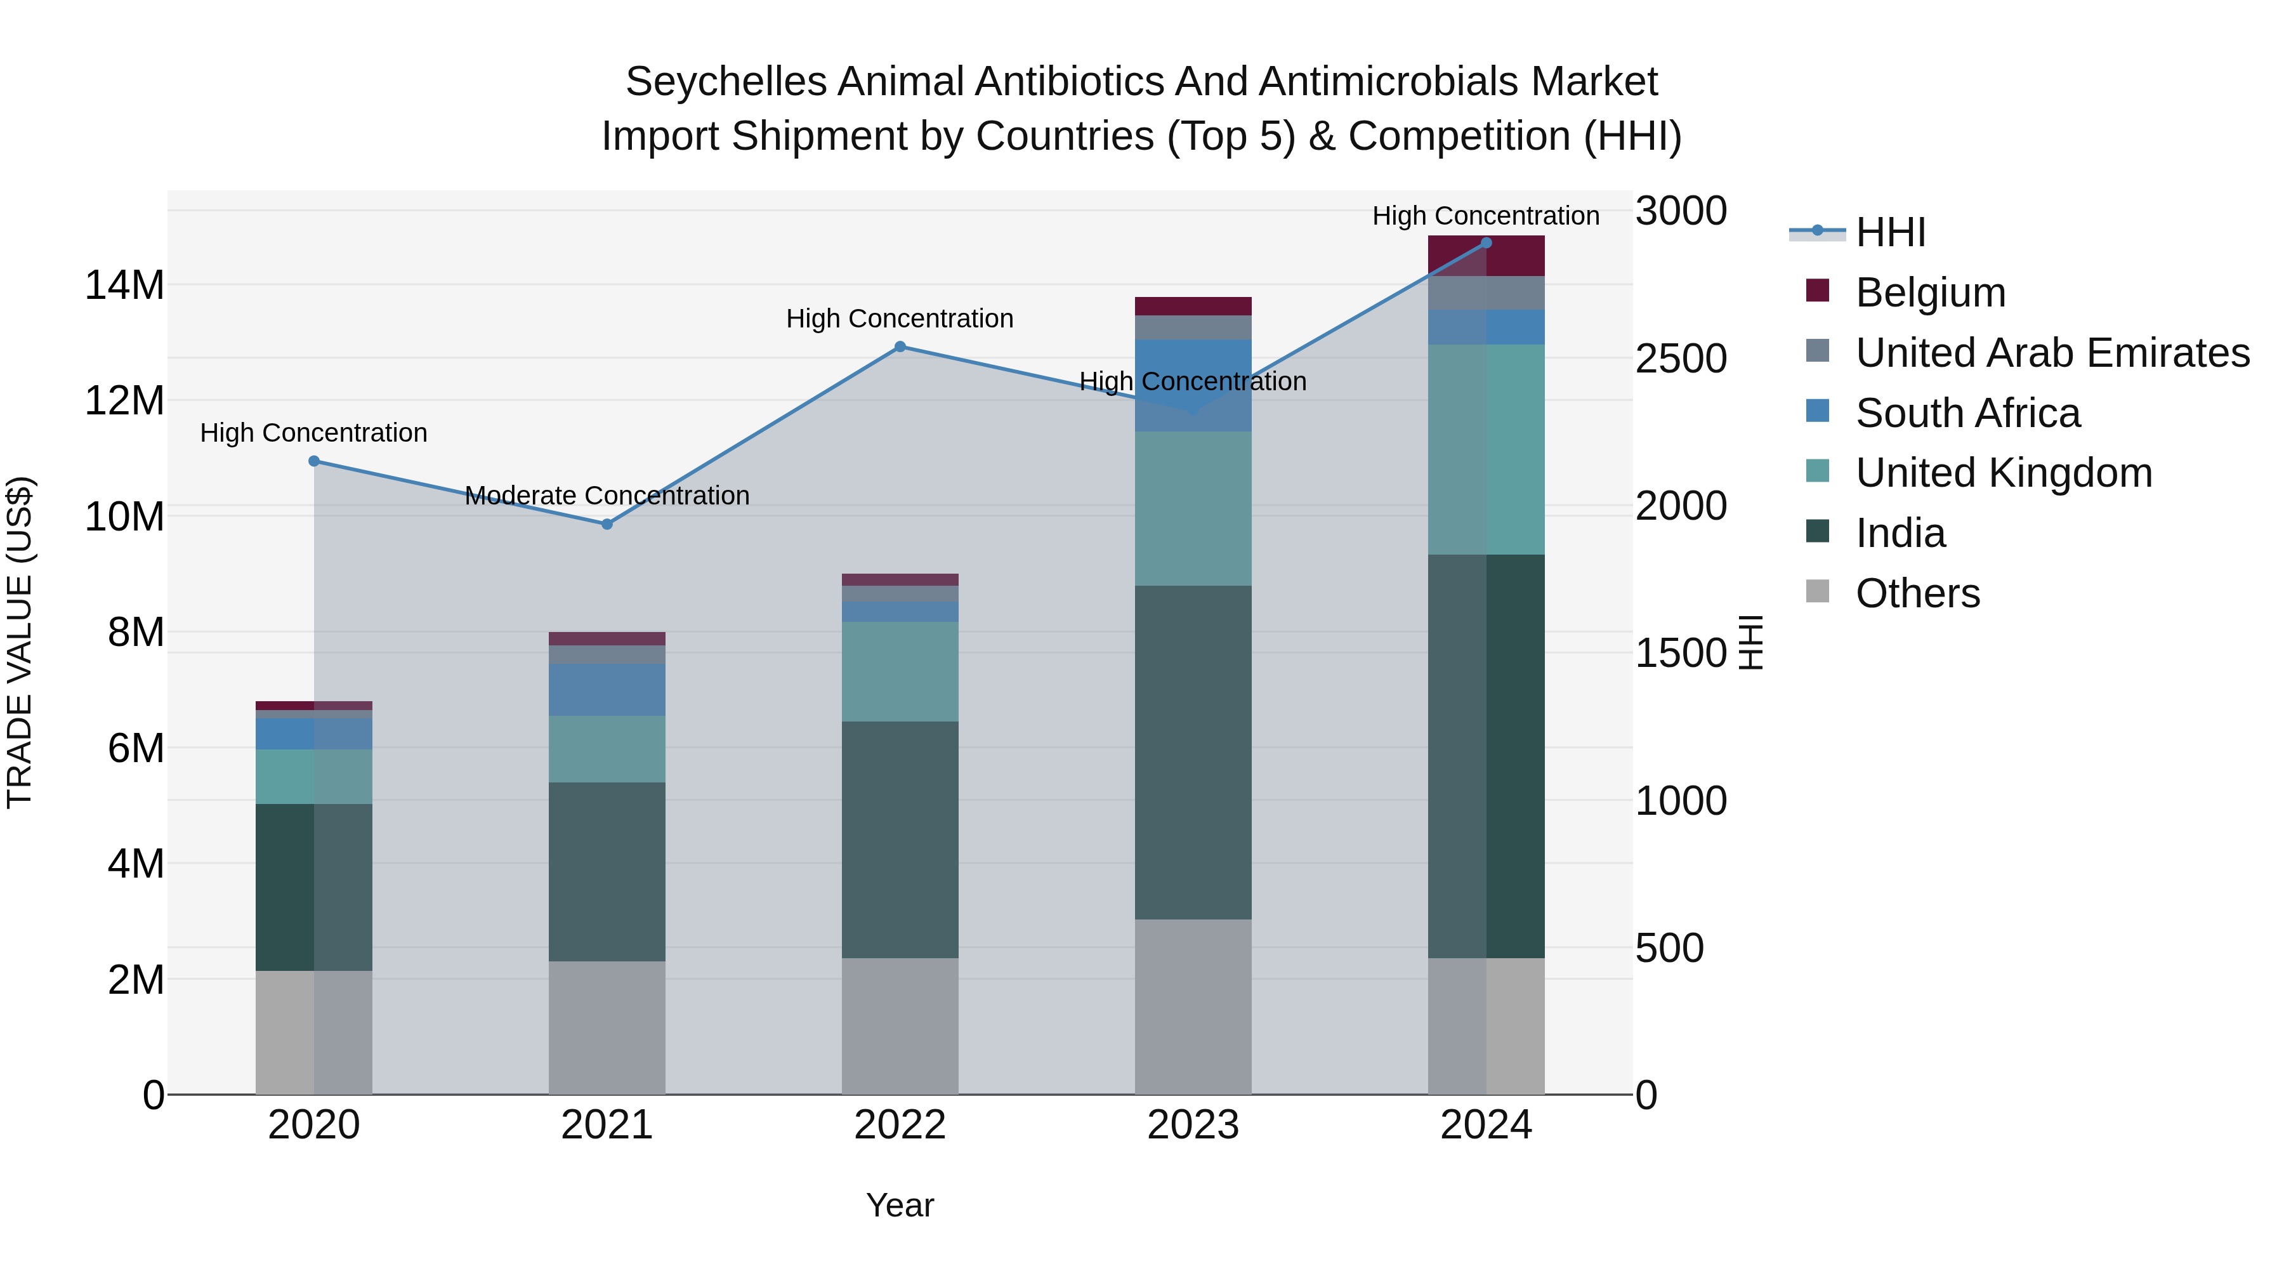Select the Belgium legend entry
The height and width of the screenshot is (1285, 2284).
(1929, 293)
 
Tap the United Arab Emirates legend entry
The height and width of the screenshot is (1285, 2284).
(2052, 353)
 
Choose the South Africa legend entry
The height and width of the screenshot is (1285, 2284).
(1967, 413)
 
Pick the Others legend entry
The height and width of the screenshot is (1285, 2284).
(1917, 593)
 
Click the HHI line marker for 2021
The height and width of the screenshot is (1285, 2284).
(607, 524)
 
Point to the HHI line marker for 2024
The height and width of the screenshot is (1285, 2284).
(1486, 243)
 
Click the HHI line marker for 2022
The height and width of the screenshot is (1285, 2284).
(900, 346)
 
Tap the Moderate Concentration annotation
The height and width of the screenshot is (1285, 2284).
(607, 496)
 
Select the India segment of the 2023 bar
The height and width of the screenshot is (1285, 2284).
(1193, 752)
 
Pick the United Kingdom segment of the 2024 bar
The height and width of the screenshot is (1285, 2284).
(1486, 450)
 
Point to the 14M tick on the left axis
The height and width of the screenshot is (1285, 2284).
(124, 286)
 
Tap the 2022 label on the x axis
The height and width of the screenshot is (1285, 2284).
(900, 1125)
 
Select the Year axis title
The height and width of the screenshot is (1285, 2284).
(900, 1205)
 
